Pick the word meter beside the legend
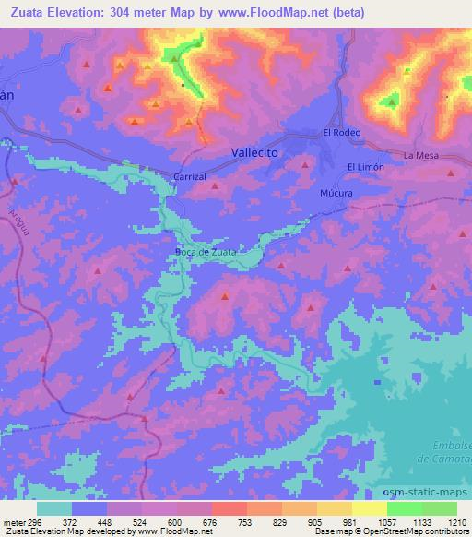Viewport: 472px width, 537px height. point(13,521)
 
